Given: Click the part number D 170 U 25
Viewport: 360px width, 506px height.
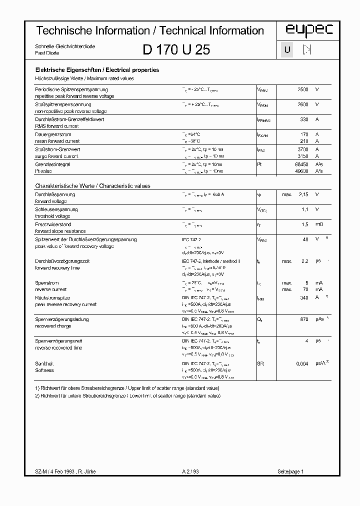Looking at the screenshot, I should point(176,49).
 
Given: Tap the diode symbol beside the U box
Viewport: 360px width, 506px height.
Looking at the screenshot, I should point(307,50).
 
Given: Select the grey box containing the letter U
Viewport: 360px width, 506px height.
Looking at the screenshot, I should point(287,50).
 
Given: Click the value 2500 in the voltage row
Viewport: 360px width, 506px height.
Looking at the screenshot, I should point(303,89).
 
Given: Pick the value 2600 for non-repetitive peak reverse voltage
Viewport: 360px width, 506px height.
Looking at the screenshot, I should point(303,104).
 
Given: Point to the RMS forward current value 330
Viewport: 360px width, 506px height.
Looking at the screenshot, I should point(304,119).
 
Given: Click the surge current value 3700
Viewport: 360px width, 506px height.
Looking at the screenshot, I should point(303,149).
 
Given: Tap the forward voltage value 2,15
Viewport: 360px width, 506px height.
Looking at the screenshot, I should point(303,194).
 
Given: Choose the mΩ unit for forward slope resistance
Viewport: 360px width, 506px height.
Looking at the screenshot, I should point(319,224).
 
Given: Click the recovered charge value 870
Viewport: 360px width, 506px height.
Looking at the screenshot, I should point(304,319).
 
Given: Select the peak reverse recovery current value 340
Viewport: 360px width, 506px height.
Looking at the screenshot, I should point(304,297).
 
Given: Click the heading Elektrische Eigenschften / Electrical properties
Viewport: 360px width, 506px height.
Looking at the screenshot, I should point(97,70).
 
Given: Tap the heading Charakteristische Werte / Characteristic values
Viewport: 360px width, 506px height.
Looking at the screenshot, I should point(92,185).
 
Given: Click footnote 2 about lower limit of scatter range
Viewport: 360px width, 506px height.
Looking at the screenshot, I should point(127,395).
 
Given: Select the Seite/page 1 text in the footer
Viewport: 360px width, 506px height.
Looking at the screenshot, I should point(290,471).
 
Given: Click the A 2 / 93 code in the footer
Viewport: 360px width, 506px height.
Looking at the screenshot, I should point(190,471).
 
